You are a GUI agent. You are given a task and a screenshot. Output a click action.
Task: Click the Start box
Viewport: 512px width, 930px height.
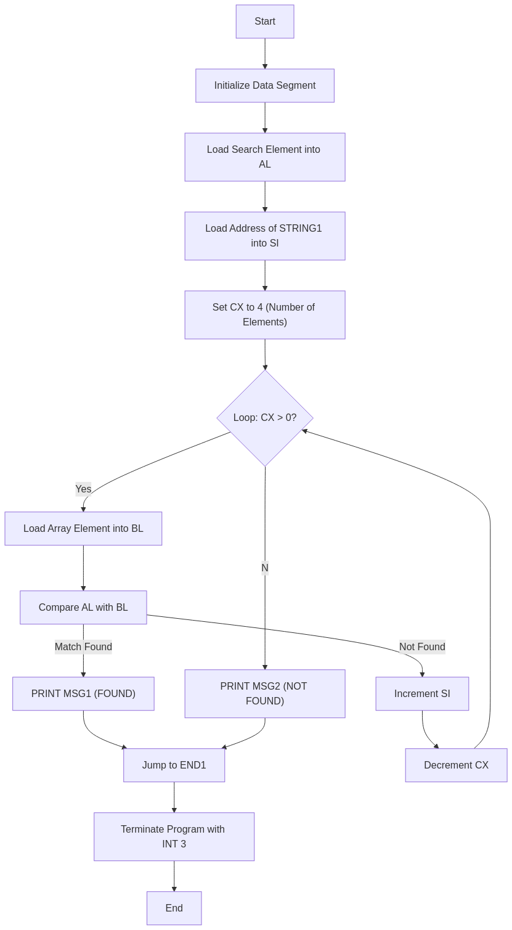[x=265, y=22]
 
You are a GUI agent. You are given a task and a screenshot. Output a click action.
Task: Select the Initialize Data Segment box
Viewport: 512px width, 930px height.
[x=265, y=86]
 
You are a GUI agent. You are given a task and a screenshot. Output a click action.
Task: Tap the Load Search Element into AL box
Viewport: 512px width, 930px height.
[x=265, y=157]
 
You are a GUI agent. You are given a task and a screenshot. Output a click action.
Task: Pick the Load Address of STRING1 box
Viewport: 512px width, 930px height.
[x=265, y=236]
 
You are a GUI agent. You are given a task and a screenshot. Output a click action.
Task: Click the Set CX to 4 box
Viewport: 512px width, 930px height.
[x=265, y=315]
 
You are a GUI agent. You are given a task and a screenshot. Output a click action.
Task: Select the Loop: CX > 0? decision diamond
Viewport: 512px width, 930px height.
[x=265, y=418]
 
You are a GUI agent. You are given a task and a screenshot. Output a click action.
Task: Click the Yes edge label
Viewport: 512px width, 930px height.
[x=83, y=489]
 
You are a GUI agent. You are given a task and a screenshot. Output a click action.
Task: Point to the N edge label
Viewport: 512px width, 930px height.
[x=265, y=568]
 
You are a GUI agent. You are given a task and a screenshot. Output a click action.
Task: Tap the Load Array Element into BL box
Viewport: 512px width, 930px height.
[x=83, y=529]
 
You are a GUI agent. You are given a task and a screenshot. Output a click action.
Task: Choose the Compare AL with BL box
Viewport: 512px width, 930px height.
[x=83, y=608]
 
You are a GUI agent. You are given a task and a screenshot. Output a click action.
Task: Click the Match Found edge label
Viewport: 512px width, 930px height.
[x=83, y=647]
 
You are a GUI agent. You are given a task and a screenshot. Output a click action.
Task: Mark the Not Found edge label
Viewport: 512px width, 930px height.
[x=422, y=647]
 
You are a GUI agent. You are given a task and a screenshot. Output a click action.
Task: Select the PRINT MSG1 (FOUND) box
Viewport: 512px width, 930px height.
[x=83, y=694]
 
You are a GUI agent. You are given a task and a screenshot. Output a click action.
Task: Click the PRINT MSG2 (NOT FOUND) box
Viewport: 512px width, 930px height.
[x=265, y=694]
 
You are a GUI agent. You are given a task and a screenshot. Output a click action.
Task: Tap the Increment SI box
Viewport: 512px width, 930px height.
[x=422, y=694]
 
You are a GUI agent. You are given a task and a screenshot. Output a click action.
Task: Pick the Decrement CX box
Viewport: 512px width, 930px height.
[x=456, y=765]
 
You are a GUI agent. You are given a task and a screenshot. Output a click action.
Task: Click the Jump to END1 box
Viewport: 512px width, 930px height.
[x=174, y=765]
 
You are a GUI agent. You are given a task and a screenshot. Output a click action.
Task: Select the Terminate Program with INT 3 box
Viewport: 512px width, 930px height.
[x=174, y=837]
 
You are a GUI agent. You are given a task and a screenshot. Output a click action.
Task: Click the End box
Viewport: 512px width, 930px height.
[x=174, y=908]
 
